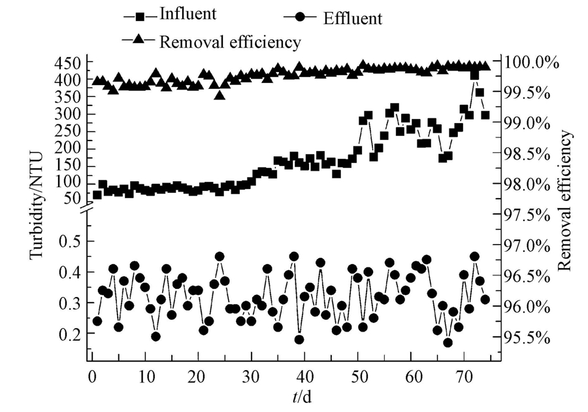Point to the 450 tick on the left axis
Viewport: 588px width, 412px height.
[67, 63]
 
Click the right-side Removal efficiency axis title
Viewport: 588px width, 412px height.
[566, 199]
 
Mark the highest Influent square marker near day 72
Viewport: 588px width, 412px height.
[475, 75]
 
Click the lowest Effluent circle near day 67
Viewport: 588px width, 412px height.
[448, 342]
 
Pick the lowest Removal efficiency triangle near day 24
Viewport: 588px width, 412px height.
[220, 95]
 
